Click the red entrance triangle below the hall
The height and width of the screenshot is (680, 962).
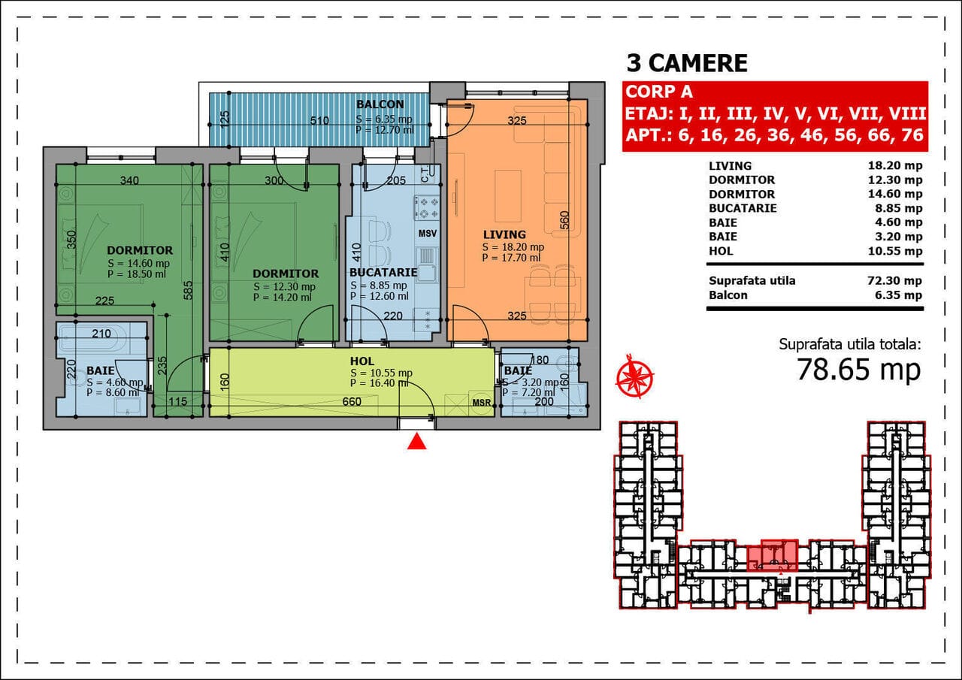click(x=416, y=442)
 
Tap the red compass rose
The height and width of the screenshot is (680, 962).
click(x=635, y=376)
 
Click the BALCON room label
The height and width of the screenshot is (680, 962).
click(x=380, y=104)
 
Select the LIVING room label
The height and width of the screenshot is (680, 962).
click(x=504, y=234)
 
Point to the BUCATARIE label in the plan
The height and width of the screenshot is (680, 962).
click(x=383, y=273)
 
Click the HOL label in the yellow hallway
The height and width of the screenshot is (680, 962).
click(x=362, y=361)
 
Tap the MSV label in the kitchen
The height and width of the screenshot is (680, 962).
click(x=428, y=233)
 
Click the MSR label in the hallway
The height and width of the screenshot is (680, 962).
click(x=482, y=403)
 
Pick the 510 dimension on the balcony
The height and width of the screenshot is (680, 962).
click(x=319, y=121)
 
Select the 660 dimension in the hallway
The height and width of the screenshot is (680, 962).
click(x=352, y=401)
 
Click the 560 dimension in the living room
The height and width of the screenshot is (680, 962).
click(x=564, y=220)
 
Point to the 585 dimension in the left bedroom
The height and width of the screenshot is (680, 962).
click(x=188, y=290)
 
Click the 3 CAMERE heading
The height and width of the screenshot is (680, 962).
click(x=687, y=63)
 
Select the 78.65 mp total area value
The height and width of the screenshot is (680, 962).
click(x=859, y=370)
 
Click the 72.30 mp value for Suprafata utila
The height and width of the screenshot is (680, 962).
click(x=894, y=281)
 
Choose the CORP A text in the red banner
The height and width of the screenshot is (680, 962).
click(x=659, y=92)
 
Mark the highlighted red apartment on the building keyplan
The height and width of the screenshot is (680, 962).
click(x=773, y=555)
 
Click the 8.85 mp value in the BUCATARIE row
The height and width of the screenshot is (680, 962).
click(x=899, y=208)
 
